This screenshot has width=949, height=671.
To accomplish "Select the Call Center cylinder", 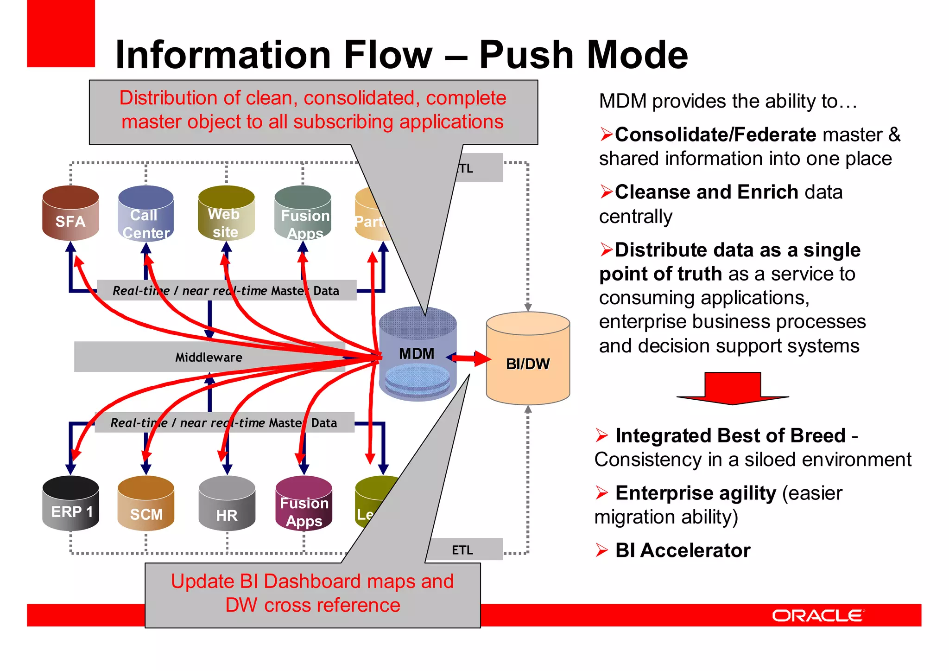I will (x=146, y=214).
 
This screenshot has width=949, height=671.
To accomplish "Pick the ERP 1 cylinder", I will (x=70, y=504).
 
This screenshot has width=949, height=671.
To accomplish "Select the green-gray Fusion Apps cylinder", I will (x=303, y=214).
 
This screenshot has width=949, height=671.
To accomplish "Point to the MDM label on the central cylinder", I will (x=417, y=354).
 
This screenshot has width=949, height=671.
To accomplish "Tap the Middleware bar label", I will (x=209, y=357).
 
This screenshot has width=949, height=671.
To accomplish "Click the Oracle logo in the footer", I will (x=817, y=615).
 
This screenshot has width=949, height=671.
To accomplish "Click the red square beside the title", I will (x=61, y=33).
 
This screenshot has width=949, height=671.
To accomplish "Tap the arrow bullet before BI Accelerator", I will (x=602, y=550).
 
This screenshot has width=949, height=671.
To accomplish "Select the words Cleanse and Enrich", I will (x=706, y=192).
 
